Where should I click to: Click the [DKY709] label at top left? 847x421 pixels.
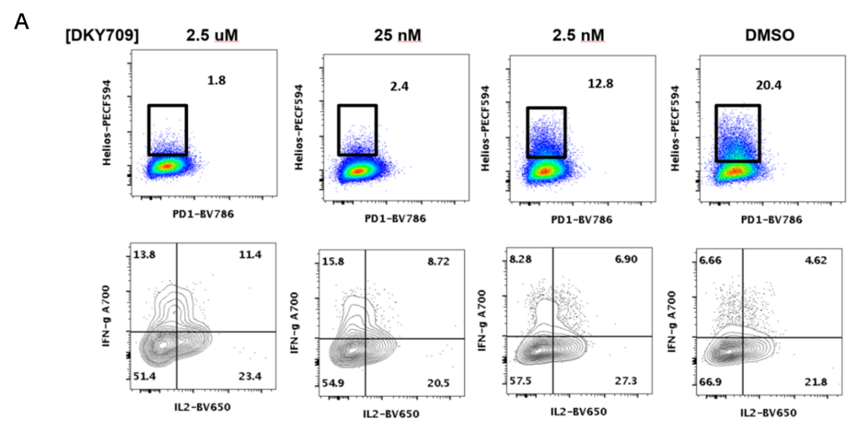click(101, 36)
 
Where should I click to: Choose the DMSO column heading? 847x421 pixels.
click(770, 36)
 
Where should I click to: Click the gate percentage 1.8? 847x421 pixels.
click(216, 80)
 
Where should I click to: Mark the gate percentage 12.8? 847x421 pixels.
click(600, 83)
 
